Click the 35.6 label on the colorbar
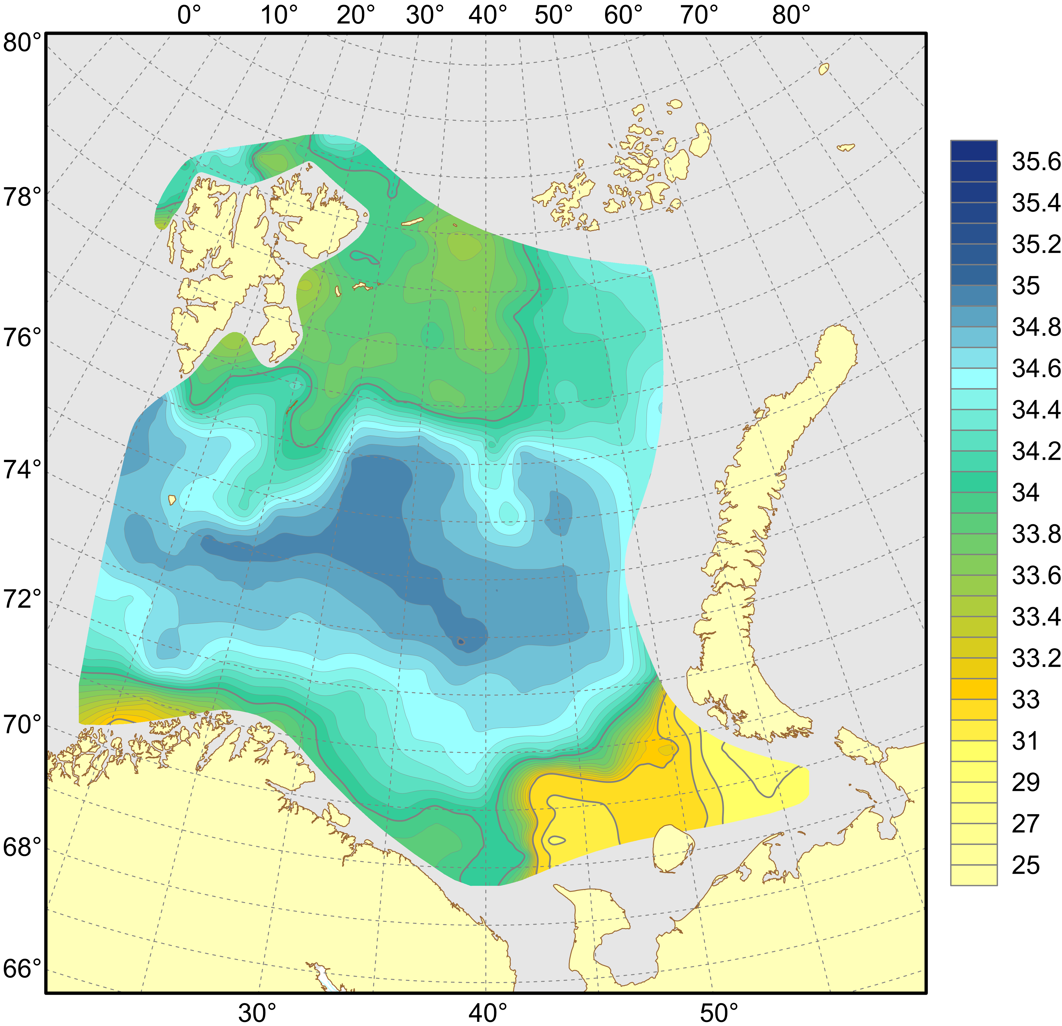[x=1035, y=162]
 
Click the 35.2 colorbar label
[x=1035, y=244]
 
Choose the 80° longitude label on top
[x=791, y=16]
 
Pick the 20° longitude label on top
[x=355, y=16]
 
